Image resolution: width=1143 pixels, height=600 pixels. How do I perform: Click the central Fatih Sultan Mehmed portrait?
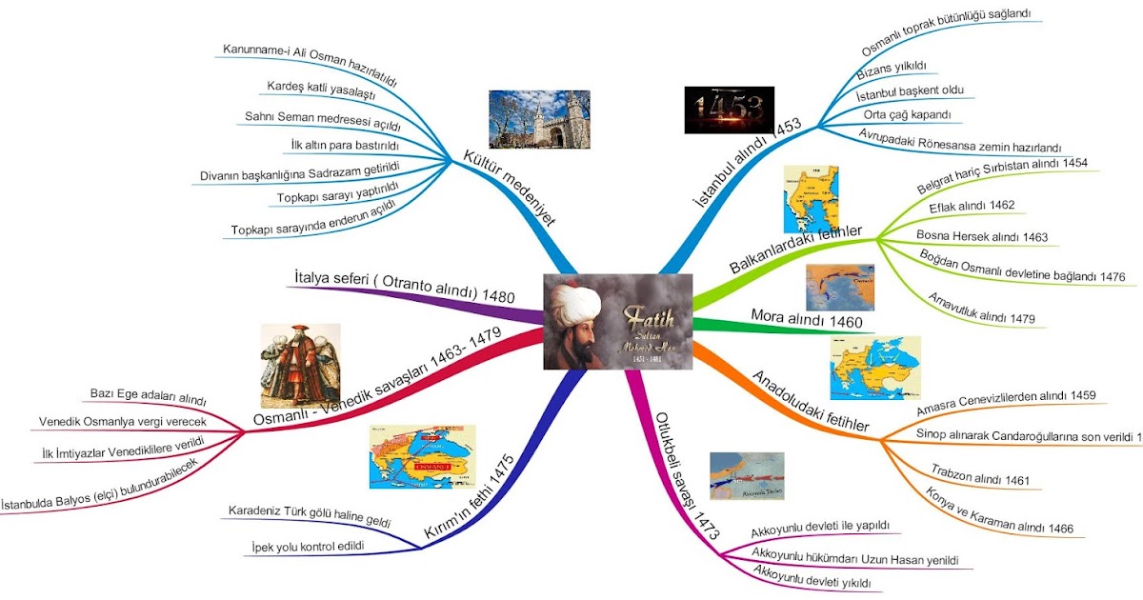tap(617, 322)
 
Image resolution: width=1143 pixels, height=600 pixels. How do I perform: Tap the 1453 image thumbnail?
tap(729, 110)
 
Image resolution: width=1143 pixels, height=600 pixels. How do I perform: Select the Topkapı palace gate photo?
tap(539, 119)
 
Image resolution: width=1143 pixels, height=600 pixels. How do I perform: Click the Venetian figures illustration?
tap(300, 364)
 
